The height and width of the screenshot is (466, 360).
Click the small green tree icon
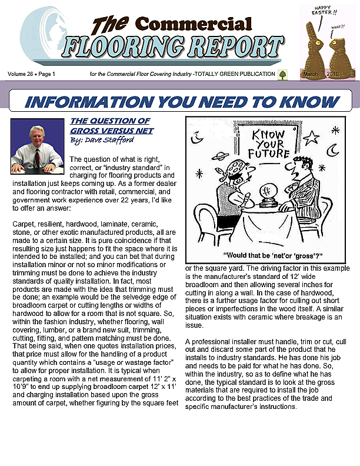pyautogui.click(x=283, y=74)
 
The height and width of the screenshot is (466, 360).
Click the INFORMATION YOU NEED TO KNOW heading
pyautogui.click(x=182, y=101)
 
